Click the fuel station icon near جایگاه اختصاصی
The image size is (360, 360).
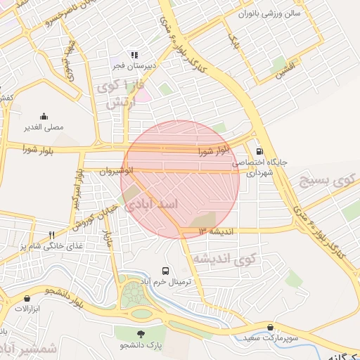coord(260,150)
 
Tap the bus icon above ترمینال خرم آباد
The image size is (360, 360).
coord(166,270)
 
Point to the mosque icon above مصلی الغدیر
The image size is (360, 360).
coord(44,117)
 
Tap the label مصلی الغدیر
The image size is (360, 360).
coord(44,128)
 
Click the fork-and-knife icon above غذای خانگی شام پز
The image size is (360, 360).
coord(51,235)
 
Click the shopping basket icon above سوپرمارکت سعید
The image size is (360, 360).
coord(271,327)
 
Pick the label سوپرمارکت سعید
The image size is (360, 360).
coord(272,338)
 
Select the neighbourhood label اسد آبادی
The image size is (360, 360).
coord(152,205)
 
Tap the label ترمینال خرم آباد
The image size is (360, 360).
coord(167,281)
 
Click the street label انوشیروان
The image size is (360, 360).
coord(116,171)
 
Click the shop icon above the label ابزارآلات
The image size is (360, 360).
coord(26,297)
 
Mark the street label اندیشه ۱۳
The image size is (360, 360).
coord(215,231)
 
